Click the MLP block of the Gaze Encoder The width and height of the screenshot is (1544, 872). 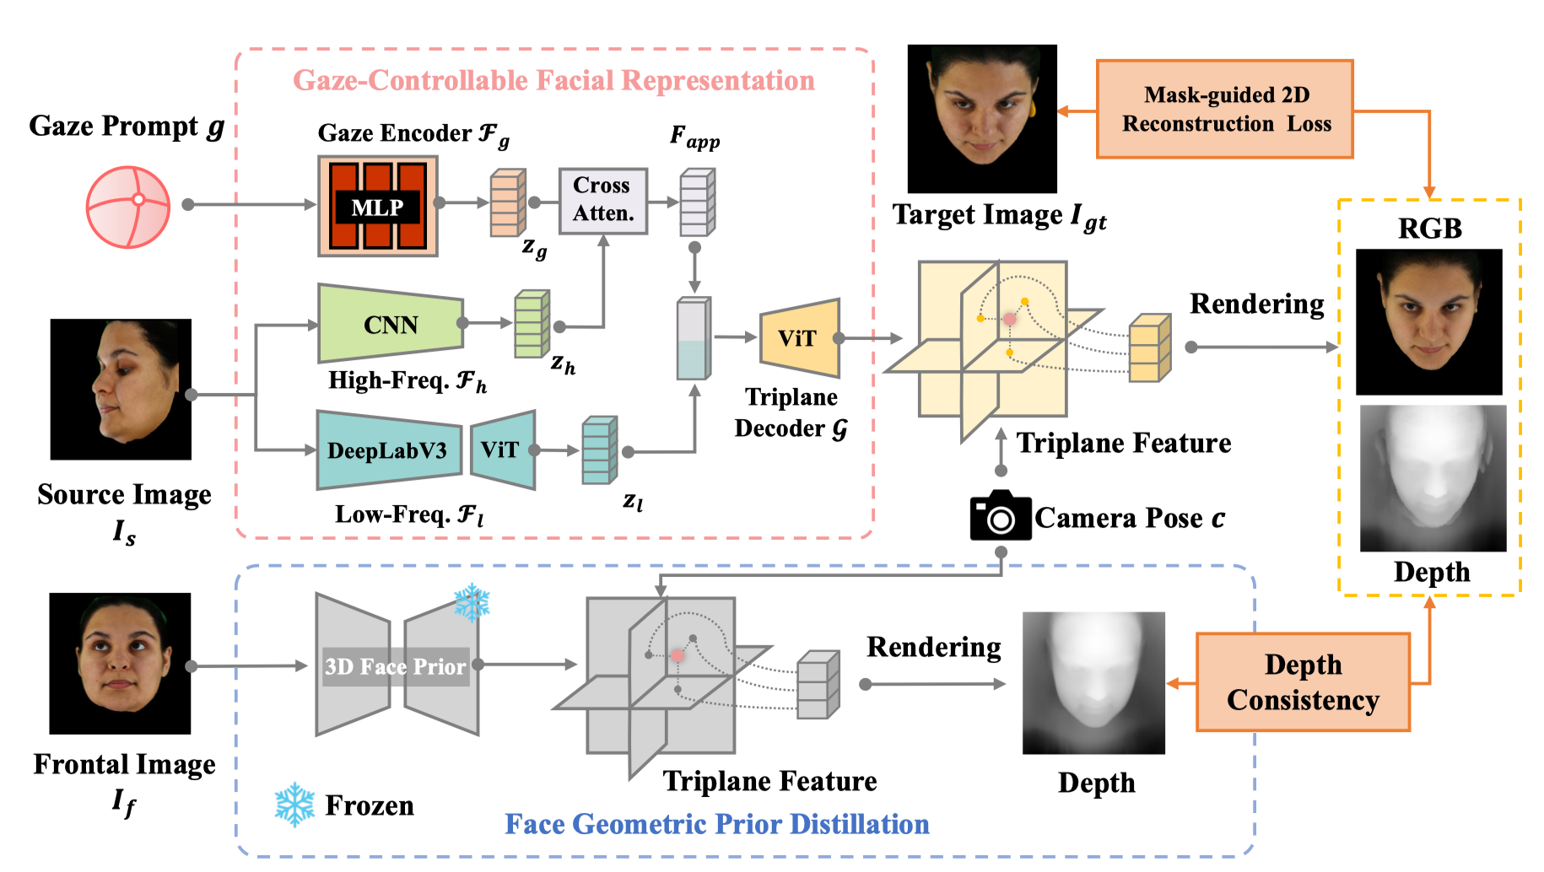coord(377,206)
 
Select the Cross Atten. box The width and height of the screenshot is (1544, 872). coord(602,200)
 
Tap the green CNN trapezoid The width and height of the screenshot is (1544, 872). coord(390,325)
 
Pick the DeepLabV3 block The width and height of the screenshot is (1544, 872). coord(388,450)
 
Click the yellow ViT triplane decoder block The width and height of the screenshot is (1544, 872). coord(799,338)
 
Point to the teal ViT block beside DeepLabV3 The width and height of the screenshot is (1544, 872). coord(503,449)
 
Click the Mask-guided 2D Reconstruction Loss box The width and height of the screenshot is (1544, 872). coord(1224,109)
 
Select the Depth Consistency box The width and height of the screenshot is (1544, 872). coord(1303,681)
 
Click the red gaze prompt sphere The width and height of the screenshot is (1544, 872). coord(128,207)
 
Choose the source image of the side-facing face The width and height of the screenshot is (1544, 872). coord(121,389)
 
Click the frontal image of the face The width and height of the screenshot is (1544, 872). coord(120,663)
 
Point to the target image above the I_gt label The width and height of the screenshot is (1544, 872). coord(981,119)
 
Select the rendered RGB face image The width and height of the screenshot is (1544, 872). coord(1428,321)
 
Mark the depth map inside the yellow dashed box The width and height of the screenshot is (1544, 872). coord(1433,478)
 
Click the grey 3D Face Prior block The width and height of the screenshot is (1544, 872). coord(396,665)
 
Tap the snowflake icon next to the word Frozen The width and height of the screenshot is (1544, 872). coord(294,805)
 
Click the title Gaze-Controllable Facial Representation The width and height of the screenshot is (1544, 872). coord(553,80)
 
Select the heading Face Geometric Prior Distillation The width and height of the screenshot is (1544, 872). coord(716,824)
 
